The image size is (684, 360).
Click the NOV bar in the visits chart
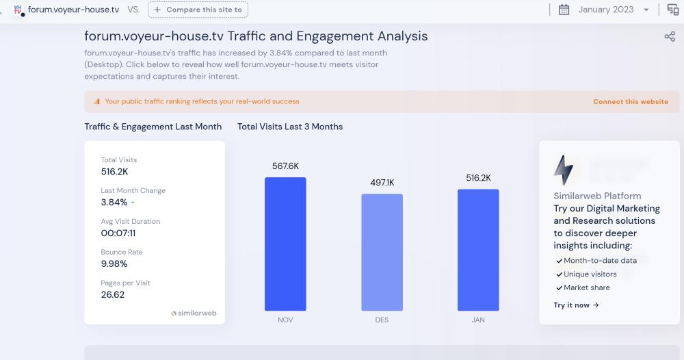click(x=285, y=244)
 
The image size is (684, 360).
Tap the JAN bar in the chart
click(x=478, y=250)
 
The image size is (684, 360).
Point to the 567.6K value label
click(x=285, y=166)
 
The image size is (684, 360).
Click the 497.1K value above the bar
click(x=382, y=183)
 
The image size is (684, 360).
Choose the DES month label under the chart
click(x=382, y=320)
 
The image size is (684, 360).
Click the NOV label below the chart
click(x=285, y=320)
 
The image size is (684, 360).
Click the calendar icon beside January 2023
click(x=564, y=10)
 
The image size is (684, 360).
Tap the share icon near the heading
click(x=670, y=36)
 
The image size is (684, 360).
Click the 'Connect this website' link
click(x=630, y=101)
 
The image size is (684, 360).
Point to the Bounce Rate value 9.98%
click(x=114, y=263)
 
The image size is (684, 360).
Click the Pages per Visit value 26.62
click(x=113, y=294)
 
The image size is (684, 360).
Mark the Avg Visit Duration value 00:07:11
click(x=118, y=233)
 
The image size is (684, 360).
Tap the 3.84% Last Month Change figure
click(x=114, y=202)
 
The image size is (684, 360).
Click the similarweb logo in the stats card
click(x=194, y=313)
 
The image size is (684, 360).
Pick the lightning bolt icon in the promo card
click(x=564, y=170)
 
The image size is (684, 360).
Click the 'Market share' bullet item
click(x=586, y=287)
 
